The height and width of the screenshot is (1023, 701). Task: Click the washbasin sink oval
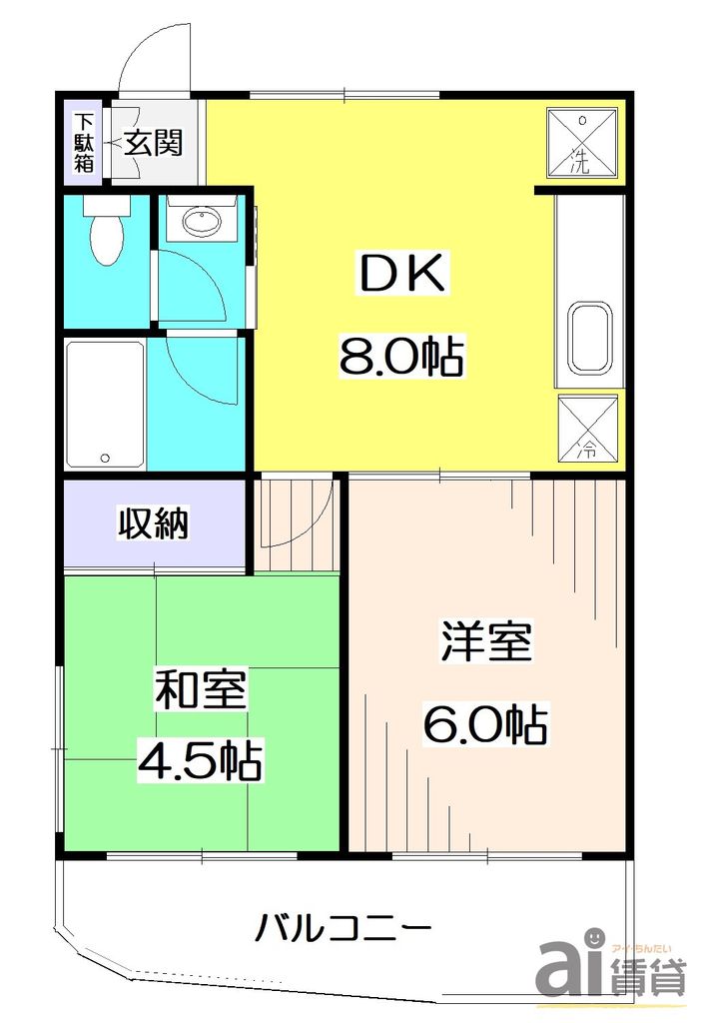point(203,223)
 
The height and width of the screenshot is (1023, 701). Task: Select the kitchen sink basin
point(590,336)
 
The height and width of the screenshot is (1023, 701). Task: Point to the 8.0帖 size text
point(402,356)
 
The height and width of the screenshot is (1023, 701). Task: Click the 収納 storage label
point(154,522)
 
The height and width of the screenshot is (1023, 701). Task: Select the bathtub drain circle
point(105,459)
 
